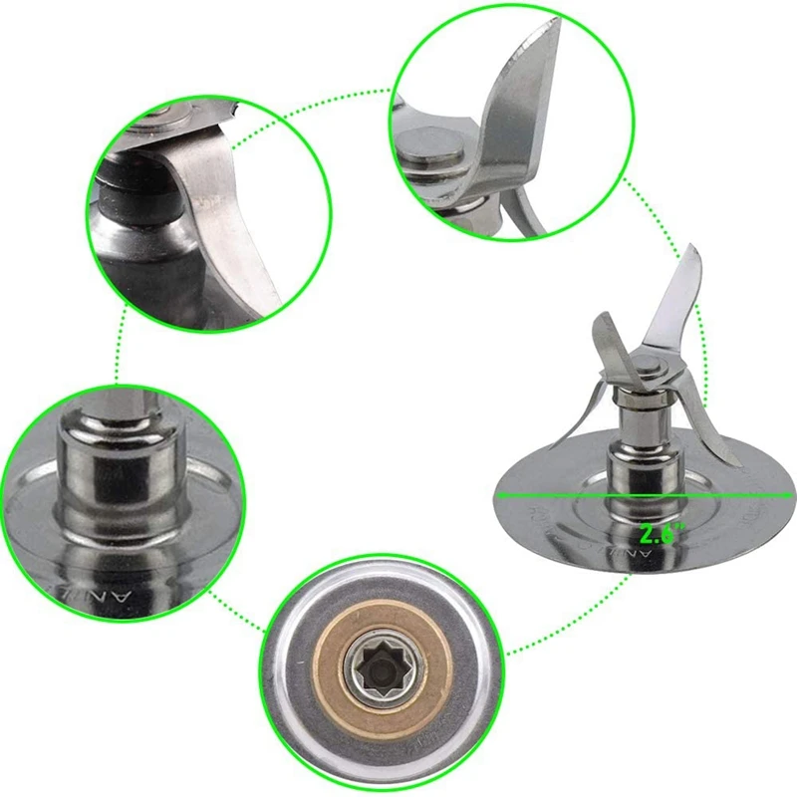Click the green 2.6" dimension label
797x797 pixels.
[x=659, y=533]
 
